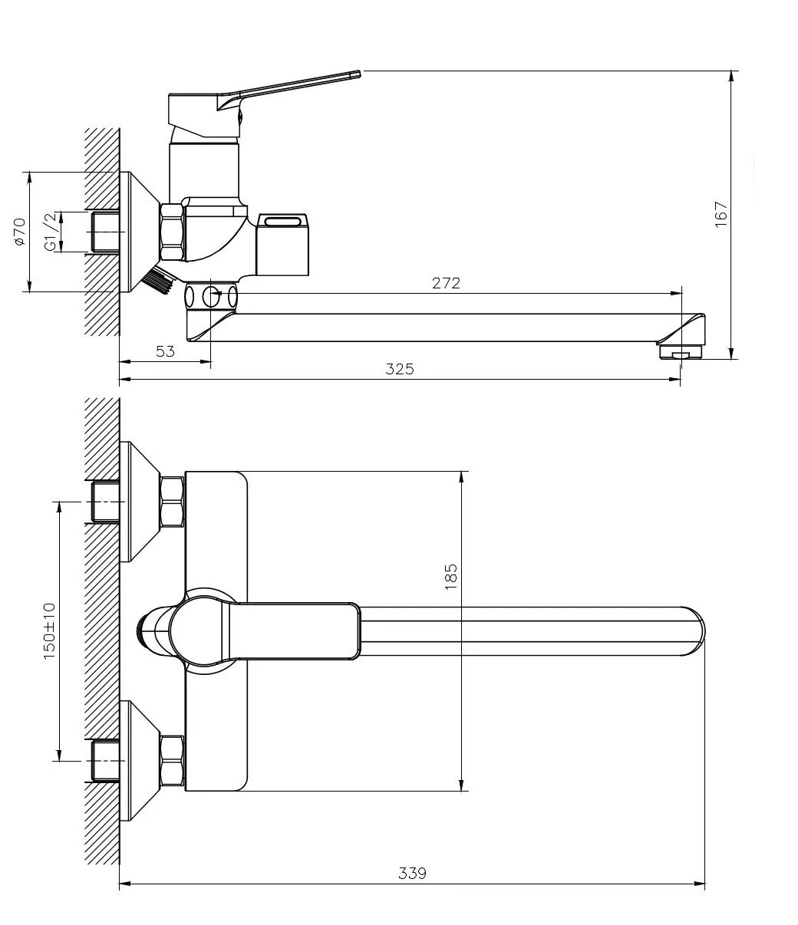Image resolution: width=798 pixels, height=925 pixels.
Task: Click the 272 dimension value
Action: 446,283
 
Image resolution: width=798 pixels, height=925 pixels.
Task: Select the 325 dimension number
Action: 400,369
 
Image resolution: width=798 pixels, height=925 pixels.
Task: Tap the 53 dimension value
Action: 165,351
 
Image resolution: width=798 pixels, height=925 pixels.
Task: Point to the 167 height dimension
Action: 721,214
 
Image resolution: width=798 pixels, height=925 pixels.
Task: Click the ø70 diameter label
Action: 20,232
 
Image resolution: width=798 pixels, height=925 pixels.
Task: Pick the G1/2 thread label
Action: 51,232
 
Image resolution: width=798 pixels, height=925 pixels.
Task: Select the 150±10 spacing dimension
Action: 49,631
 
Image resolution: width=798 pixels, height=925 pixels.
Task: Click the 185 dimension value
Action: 451,577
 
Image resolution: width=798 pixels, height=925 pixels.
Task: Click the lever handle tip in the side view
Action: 358,74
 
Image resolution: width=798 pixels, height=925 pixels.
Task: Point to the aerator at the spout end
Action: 680,351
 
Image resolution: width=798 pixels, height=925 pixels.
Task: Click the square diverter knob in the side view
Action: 282,245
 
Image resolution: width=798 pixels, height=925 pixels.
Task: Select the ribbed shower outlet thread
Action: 158,279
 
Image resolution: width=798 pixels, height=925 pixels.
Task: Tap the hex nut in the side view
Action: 173,232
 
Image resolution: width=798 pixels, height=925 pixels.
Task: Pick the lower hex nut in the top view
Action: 173,761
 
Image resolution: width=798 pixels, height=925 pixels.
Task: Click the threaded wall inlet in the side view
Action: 105,232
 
